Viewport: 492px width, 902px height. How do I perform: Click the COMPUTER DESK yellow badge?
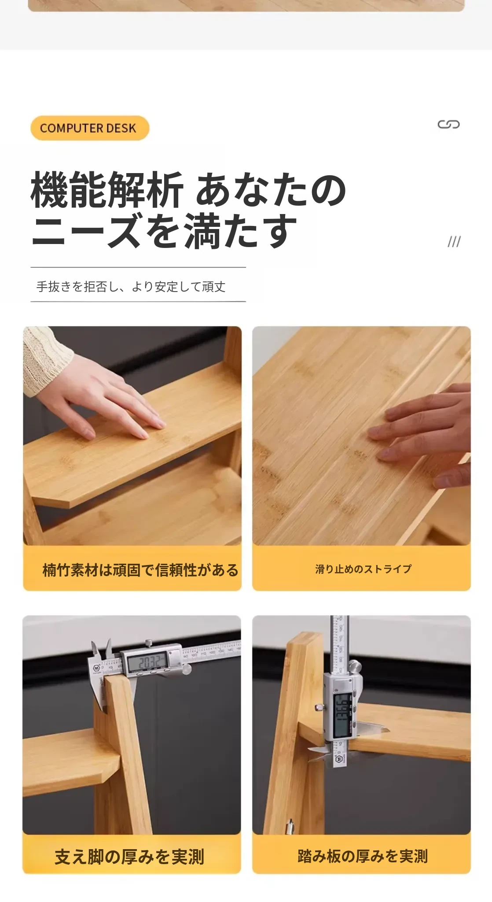(x=90, y=128)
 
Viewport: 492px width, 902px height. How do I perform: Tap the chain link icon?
(x=448, y=125)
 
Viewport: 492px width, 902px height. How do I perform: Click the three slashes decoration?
(x=454, y=241)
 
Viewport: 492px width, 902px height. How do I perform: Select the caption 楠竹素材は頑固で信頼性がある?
(x=140, y=570)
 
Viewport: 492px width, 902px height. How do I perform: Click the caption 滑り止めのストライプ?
(x=363, y=569)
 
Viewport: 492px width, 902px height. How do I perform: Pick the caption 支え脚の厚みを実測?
(x=129, y=857)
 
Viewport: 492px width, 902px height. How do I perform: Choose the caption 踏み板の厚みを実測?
(x=363, y=856)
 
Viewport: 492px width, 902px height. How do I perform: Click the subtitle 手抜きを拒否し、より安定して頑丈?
(x=131, y=287)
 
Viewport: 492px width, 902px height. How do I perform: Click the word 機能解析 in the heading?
(x=107, y=190)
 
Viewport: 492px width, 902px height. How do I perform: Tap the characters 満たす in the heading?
(x=240, y=231)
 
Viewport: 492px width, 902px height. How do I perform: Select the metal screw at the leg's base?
(x=290, y=826)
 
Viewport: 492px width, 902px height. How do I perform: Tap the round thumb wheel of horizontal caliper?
(x=187, y=669)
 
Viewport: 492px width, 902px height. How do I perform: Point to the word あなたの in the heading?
(x=271, y=190)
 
